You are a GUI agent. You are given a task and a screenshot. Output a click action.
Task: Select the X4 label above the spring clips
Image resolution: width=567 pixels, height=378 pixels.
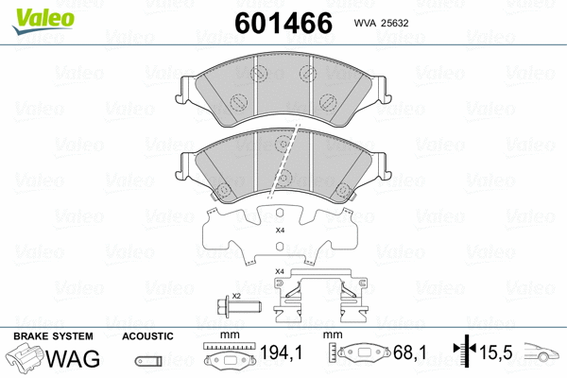[279, 272]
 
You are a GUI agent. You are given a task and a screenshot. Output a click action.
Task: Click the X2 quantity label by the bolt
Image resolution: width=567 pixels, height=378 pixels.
[236, 296]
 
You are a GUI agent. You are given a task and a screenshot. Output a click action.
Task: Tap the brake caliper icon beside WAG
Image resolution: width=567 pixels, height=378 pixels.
[25, 360]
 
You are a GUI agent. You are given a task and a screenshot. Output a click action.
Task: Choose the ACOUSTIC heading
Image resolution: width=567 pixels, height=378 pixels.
[147, 336]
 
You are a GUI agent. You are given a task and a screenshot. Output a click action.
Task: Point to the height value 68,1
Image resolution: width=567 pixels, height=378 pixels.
[411, 352]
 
